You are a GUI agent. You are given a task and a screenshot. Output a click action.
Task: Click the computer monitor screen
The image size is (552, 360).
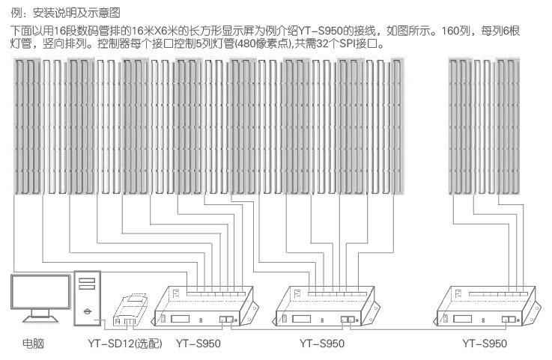(39, 293)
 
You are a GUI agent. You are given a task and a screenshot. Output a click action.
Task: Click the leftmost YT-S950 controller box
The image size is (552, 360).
(204, 307)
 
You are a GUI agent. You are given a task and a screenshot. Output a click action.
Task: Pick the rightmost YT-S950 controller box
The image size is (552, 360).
(491, 307)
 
